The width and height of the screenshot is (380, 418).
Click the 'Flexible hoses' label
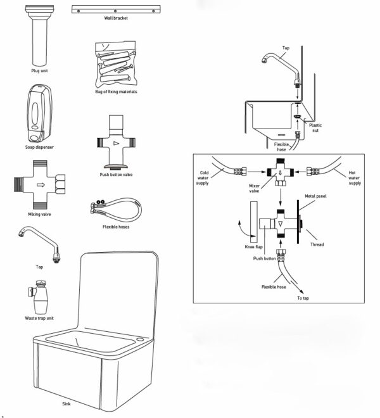[x=116, y=227]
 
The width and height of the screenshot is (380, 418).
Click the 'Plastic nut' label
[x=315, y=127]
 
